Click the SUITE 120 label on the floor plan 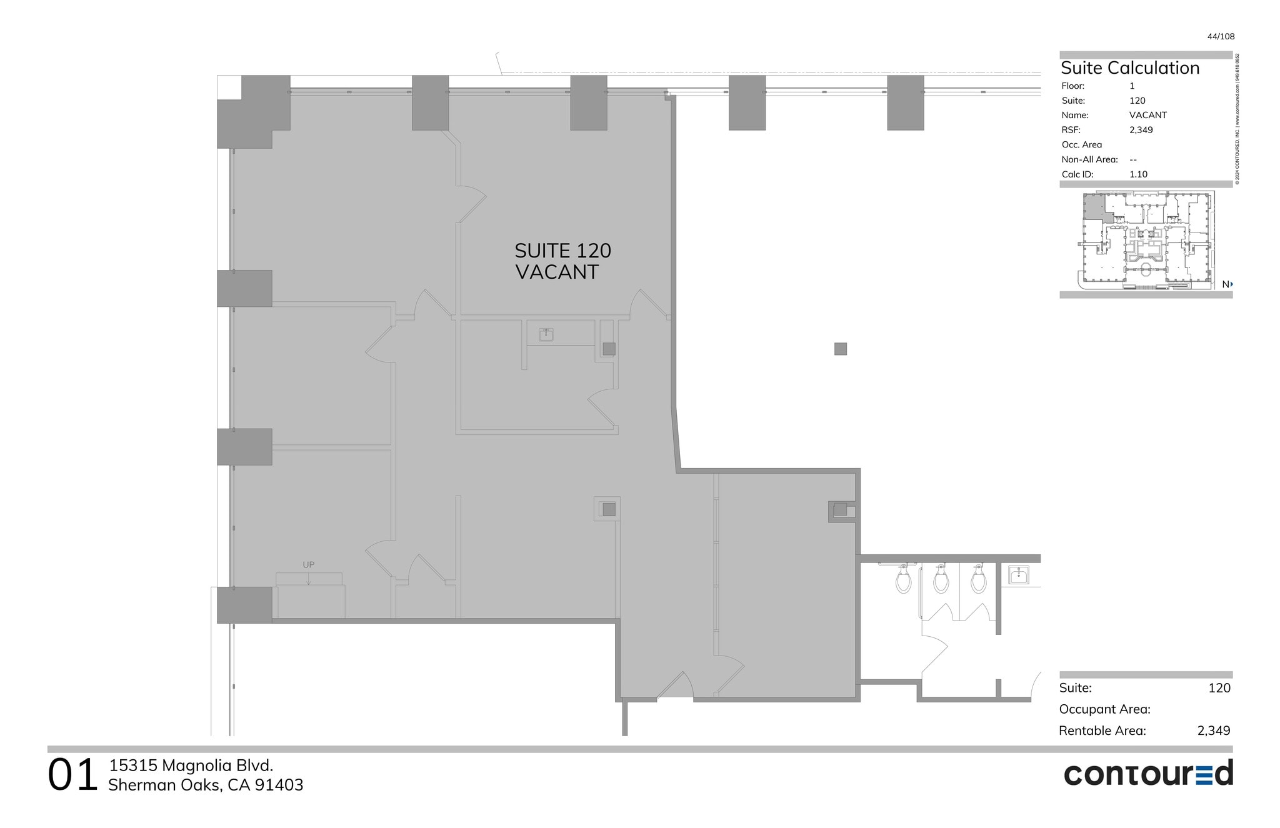pos(562,251)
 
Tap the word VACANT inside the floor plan pos(557,272)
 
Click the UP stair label pos(309,565)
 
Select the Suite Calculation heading pos(1130,68)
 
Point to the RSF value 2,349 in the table pos(1141,130)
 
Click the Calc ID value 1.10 pos(1138,174)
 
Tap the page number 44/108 pos(1221,37)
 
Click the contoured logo pos(1148,774)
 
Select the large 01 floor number pos(72,776)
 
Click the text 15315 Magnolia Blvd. pos(191,766)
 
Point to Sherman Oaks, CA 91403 pos(206,786)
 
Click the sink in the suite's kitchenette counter pos(546,335)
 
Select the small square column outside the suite pos(840,349)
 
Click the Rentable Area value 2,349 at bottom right pos(1213,731)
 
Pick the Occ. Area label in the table pos(1081,145)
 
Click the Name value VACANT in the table pos(1147,115)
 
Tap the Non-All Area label pos(1089,159)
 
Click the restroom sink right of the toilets pos(1019,575)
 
